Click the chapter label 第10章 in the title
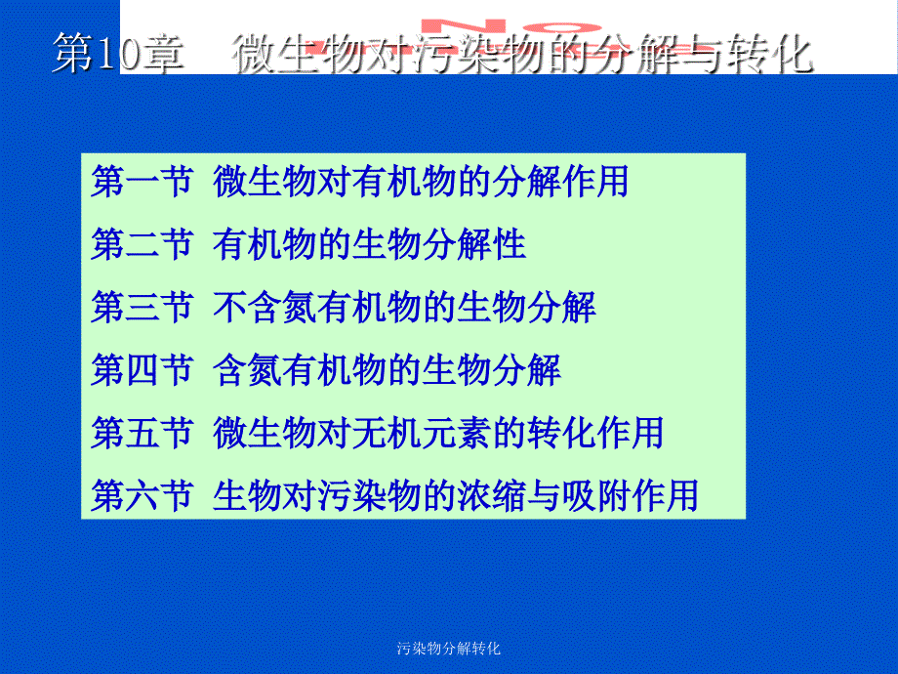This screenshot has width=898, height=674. pos(116,55)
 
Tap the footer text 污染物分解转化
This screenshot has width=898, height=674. pos(449,649)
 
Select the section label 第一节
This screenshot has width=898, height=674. pos(141,182)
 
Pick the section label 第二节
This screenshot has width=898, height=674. pos(141,244)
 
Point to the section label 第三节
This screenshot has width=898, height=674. pos(141,307)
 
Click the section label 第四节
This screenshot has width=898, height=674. pos(141,369)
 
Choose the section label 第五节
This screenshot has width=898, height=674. pos(141,432)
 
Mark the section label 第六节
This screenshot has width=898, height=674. pos(141,494)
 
